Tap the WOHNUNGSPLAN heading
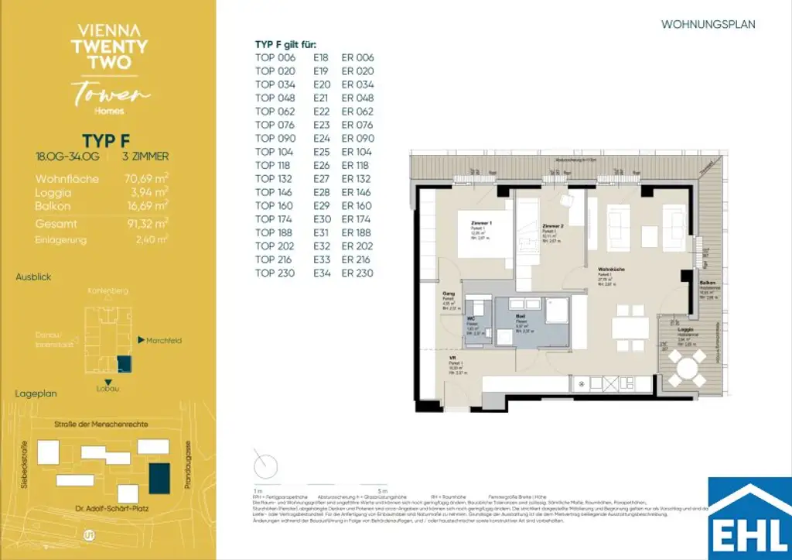pos(708,25)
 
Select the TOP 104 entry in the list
pos(275,152)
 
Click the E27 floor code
pos(322,179)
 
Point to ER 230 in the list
pos(357,273)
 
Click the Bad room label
pos(521,317)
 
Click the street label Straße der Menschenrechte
pos(101,424)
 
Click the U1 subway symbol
pos(87,534)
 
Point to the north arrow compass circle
pos(265,465)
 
